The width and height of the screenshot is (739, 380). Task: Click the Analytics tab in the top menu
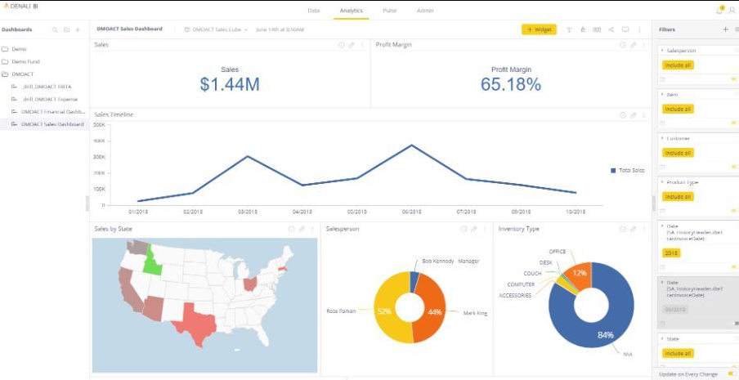pos(352,11)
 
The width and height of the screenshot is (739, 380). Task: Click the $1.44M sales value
pos(230,84)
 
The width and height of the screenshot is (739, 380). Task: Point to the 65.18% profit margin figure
pos(510,84)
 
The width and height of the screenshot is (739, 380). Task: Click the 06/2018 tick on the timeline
pos(412,212)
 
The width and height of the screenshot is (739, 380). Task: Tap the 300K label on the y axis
pos(100,141)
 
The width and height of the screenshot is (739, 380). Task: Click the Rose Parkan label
pos(341,311)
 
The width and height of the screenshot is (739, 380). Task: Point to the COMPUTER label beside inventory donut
pos(521,284)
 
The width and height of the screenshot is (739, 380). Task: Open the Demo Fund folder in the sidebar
pos(25,61)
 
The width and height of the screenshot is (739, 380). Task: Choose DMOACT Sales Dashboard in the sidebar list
pos(52,124)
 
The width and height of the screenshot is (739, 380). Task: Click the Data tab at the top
pos(313,11)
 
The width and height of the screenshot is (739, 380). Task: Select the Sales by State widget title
pos(114,229)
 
